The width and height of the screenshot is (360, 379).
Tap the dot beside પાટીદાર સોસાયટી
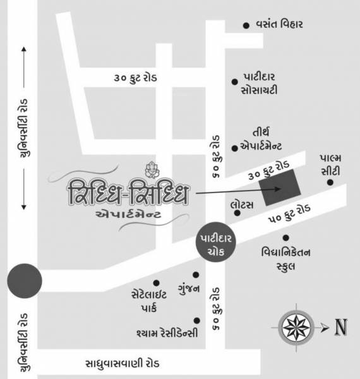236,80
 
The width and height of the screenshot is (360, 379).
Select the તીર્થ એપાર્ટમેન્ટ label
265,138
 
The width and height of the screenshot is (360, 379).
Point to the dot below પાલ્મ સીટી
330,183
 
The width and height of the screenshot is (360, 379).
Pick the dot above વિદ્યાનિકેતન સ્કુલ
285,238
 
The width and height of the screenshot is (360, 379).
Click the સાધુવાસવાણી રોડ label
123,364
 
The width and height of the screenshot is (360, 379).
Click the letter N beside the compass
341,327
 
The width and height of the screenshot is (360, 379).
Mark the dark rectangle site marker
282,187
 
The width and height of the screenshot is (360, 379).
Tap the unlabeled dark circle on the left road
23,280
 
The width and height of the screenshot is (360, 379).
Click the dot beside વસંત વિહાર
246,25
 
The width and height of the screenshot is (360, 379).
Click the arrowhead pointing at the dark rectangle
276,188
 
